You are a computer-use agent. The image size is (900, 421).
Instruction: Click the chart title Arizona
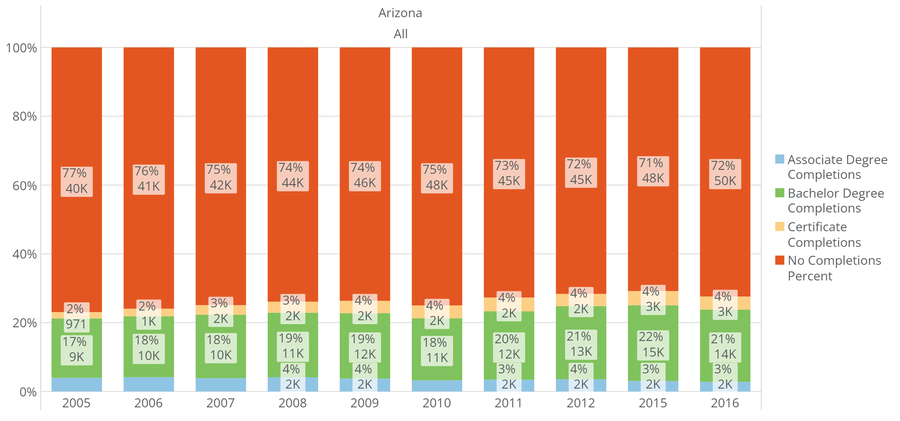(400, 13)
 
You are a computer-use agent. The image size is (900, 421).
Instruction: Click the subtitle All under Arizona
(400, 34)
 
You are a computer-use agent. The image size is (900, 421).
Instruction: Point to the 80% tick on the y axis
(25, 116)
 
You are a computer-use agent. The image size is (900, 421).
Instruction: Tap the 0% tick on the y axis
(28, 392)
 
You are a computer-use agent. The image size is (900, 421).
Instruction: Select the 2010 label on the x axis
(437, 403)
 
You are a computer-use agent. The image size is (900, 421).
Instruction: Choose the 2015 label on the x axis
(653, 403)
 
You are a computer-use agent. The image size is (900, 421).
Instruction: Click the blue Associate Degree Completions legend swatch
(780, 159)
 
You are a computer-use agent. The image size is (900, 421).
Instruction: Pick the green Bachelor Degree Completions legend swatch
(780, 193)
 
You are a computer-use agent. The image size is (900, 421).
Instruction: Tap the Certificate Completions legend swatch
(780, 227)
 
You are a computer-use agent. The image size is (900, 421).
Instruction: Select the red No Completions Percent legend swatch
(780, 260)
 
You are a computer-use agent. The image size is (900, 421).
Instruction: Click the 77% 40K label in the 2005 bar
(77, 181)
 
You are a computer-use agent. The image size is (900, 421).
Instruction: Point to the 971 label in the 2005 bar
(76, 324)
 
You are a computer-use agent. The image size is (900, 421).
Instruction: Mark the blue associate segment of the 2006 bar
(149, 384)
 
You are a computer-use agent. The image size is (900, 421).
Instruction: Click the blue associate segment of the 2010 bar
(437, 386)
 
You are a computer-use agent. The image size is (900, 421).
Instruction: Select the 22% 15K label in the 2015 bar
(653, 345)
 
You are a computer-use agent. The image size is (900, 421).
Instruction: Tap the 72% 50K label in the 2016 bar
(725, 173)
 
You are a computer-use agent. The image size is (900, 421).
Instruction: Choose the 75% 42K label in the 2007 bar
(220, 178)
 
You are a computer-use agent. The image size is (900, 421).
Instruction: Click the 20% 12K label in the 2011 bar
(508, 347)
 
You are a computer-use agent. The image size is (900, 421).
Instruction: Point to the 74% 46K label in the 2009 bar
(364, 176)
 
